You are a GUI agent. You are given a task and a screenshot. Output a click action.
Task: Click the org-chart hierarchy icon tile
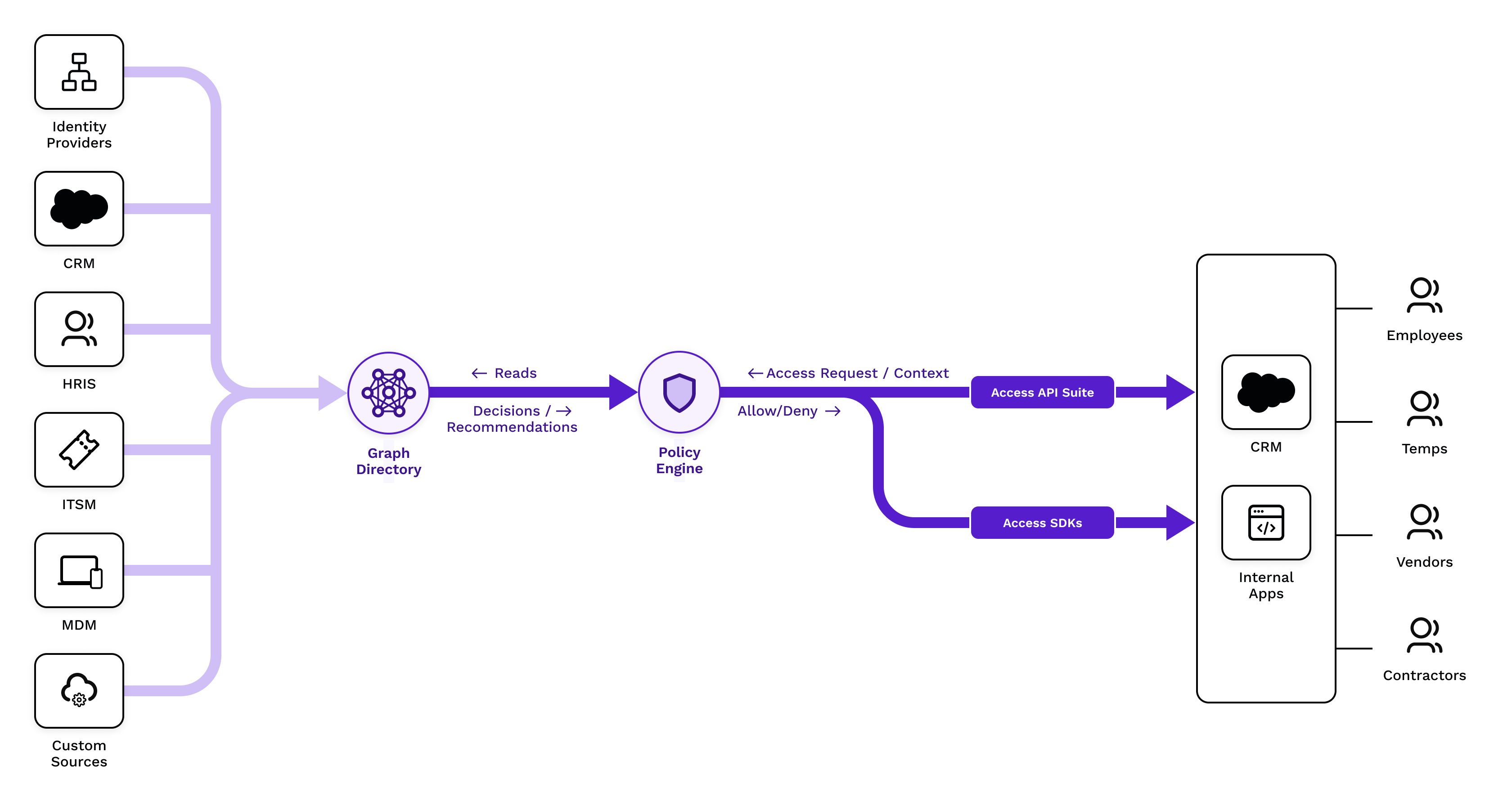point(79,72)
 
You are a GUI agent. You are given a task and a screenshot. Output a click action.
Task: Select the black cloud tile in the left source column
point(79,209)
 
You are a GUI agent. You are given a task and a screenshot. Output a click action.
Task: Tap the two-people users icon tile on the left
point(79,329)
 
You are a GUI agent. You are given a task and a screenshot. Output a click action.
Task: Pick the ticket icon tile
point(79,450)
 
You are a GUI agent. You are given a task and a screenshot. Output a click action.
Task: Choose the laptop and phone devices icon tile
point(79,571)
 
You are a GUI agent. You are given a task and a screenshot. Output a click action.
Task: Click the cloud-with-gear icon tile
point(79,691)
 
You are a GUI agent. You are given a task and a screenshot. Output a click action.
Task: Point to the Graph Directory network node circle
point(388,393)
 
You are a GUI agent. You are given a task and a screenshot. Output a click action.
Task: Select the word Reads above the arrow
point(515,373)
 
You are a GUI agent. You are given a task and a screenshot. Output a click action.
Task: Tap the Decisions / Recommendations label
point(512,419)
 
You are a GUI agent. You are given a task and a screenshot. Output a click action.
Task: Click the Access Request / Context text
point(857,373)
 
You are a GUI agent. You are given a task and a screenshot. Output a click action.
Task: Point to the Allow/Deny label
point(777,411)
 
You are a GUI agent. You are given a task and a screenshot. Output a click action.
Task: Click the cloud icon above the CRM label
point(1265,392)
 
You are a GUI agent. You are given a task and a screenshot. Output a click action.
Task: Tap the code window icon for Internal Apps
point(1265,522)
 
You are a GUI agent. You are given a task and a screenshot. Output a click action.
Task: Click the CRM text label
point(1265,447)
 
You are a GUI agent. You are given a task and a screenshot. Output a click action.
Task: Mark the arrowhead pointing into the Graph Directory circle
point(331,393)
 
